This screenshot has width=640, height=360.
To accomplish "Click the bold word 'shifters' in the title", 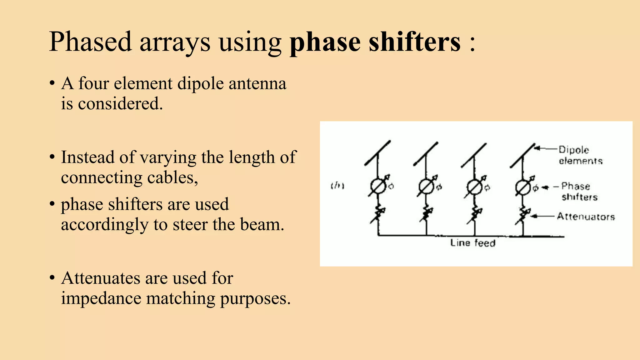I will click(414, 42).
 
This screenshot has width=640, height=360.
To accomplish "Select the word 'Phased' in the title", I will click(91, 42).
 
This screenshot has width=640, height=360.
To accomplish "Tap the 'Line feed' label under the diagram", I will click(472, 243).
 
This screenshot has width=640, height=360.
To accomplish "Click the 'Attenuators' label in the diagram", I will click(586, 217).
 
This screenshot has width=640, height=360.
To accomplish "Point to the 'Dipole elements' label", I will click(580, 155).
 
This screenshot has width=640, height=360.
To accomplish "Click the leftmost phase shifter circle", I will click(378, 187).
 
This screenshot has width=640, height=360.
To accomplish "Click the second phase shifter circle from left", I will click(426, 187).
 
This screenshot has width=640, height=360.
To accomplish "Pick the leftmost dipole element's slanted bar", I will click(377, 153).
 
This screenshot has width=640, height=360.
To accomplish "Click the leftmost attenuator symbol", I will click(378, 214).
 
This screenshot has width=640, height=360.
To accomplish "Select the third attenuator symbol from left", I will click(475, 215).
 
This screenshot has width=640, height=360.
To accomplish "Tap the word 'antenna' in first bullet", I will click(257, 84).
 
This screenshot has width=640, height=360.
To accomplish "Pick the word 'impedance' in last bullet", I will click(101, 298).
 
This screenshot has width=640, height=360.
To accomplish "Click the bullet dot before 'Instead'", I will click(52, 157).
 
